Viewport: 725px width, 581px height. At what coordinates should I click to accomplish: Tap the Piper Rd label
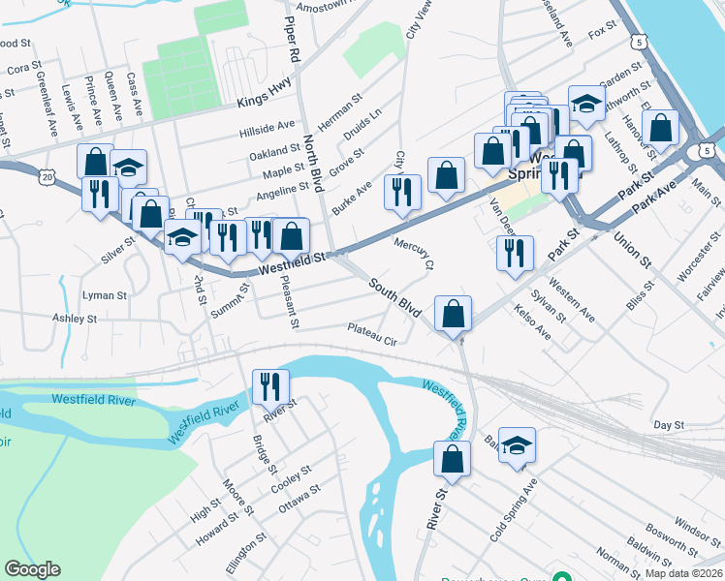click(290, 38)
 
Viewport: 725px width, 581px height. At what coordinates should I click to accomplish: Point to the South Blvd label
click(394, 298)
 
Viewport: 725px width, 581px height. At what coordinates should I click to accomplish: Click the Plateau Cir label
click(372, 334)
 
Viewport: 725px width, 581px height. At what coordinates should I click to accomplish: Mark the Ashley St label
click(75, 318)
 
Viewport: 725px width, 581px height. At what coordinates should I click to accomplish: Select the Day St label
click(669, 425)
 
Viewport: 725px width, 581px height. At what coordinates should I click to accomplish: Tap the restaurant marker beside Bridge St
click(270, 385)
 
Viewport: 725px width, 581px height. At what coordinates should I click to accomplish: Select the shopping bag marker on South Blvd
click(453, 314)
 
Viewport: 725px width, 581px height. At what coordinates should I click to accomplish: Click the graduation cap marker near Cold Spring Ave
click(517, 444)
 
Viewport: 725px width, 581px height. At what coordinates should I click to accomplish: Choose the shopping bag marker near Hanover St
click(660, 128)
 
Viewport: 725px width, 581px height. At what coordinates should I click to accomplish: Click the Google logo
click(32, 569)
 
